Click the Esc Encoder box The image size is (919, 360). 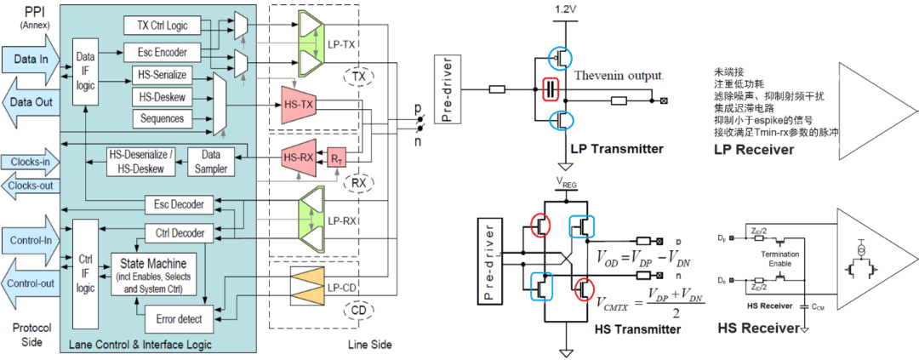161,52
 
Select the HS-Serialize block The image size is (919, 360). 161,75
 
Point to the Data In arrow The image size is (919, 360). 31,60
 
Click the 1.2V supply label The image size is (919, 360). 565,9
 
